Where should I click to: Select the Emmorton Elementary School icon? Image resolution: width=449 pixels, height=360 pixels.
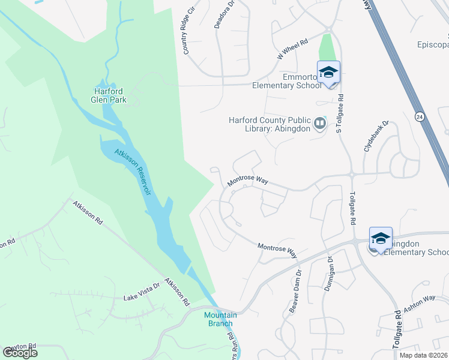point(328,73)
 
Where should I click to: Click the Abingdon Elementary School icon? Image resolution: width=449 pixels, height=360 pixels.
point(381,239)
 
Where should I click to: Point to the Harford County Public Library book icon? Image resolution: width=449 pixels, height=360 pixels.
point(321,124)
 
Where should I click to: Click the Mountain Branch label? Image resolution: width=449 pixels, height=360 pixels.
point(220,319)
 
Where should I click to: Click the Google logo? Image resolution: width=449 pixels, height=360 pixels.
point(20,352)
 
